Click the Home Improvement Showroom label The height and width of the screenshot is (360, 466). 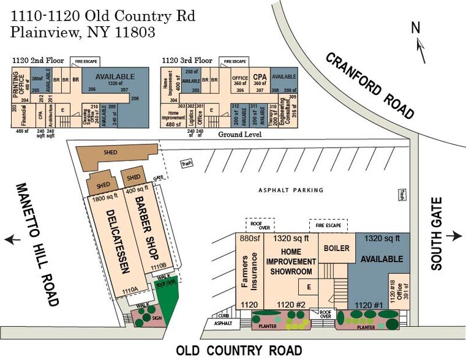click(x=291, y=261)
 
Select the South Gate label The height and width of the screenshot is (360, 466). click(x=436, y=236)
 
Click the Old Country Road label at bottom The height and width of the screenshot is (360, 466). click(x=239, y=351)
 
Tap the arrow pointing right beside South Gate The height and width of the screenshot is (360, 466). click(x=454, y=236)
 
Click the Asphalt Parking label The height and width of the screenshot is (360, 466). click(x=290, y=190)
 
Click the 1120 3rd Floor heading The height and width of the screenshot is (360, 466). click(x=187, y=61)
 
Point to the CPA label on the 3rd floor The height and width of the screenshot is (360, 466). click(x=259, y=77)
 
